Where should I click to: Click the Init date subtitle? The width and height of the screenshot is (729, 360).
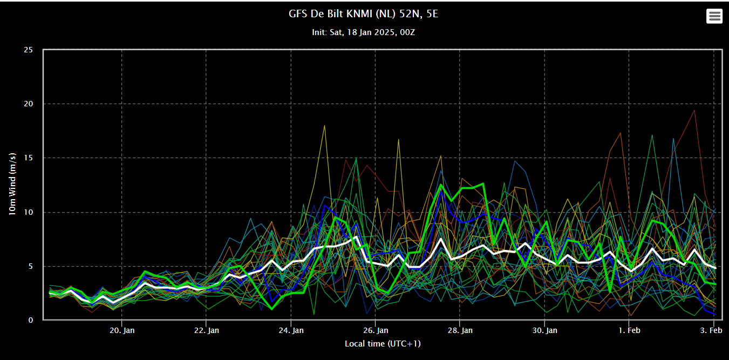coord(363,32)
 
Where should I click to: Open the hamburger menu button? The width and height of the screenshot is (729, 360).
coord(714,16)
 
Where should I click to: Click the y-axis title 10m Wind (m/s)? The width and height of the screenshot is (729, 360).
coord(12,184)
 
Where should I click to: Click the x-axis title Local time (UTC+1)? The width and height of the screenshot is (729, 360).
coord(383,344)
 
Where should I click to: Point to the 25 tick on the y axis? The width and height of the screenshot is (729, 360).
coord(29,50)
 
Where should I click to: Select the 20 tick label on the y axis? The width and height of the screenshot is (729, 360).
coord(29,104)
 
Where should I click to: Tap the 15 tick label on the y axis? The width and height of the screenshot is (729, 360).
coord(29,158)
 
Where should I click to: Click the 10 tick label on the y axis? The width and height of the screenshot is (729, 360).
coord(29,212)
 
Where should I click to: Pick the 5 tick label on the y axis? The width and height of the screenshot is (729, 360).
coord(31,266)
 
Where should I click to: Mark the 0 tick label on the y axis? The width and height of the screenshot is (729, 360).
coord(31,320)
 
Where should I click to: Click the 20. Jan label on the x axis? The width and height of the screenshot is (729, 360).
coord(122,330)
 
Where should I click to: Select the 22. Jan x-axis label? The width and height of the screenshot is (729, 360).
coord(207,330)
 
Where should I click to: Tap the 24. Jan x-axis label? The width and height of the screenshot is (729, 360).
coord(291,330)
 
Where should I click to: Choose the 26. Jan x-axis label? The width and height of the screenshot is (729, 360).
coord(376,330)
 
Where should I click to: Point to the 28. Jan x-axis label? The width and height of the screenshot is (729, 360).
coord(460,330)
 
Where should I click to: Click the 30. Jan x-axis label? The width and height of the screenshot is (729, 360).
coord(545,330)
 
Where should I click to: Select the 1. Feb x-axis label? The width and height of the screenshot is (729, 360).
coord(629,330)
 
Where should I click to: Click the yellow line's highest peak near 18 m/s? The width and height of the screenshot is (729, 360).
coord(324,125)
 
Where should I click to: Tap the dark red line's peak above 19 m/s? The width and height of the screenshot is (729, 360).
coord(694,110)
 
